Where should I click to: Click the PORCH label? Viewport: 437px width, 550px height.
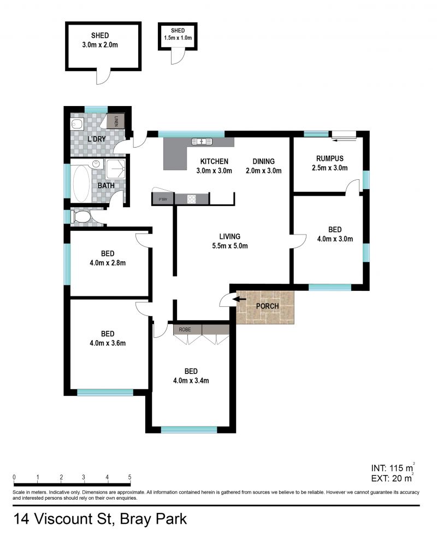pyautogui.click(x=267, y=306)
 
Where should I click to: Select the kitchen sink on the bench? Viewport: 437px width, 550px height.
pyautogui.click(x=202, y=142)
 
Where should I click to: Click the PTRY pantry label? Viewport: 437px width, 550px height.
pyautogui.click(x=162, y=200)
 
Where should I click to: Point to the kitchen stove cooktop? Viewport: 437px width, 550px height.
pyautogui.click(x=192, y=200)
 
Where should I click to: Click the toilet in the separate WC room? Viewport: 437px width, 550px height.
pyautogui.click(x=81, y=218)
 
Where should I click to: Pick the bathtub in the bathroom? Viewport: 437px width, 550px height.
pyautogui.click(x=82, y=183)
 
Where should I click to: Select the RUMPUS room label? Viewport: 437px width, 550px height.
pyautogui.click(x=329, y=159)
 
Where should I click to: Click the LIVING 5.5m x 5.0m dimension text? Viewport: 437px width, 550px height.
pyautogui.click(x=230, y=246)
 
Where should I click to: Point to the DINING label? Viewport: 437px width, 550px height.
pyautogui.click(x=263, y=161)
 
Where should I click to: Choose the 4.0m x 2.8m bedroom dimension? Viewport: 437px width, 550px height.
pyautogui.click(x=108, y=262)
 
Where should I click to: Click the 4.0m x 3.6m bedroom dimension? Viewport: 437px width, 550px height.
pyautogui.click(x=108, y=343)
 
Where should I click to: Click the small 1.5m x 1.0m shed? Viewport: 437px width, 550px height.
pyautogui.click(x=177, y=36)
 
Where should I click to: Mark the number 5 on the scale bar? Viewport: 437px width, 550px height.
pyautogui.click(x=129, y=477)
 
